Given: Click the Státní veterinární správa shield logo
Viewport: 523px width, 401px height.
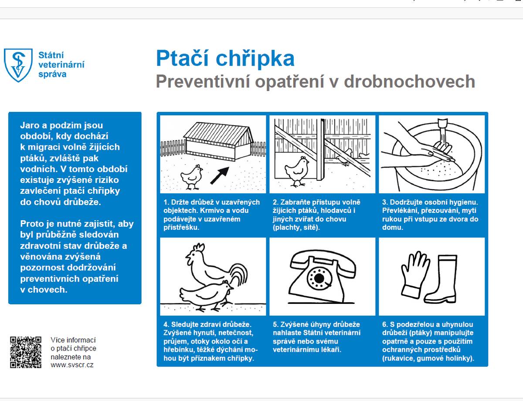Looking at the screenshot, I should pyautogui.click(x=18, y=64).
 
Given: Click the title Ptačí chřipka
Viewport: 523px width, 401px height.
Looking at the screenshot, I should pyautogui.click(x=225, y=58).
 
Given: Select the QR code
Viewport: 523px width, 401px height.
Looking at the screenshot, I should pyautogui.click(x=26, y=352).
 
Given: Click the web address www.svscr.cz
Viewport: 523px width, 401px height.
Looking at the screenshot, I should pyautogui.click(x=72, y=365).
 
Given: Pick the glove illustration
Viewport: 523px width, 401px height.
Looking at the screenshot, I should pyautogui.click(x=414, y=274).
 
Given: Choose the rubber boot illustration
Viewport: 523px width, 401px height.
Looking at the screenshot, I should pyautogui.click(x=442, y=279).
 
